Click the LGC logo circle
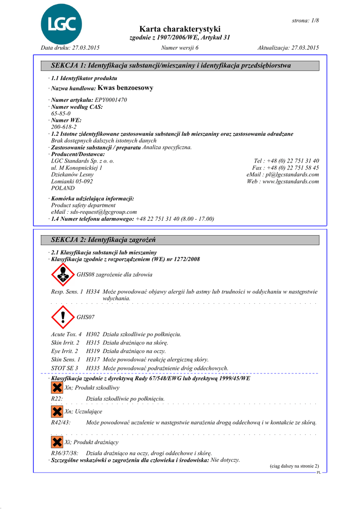(62, 23)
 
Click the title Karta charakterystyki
(180, 29)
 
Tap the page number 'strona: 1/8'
(305, 20)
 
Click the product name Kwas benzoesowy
(126, 88)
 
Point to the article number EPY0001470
(111, 100)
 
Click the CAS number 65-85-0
(61, 114)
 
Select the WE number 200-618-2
(64, 127)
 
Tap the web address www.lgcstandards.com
(290, 181)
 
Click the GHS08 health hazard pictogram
(63, 274)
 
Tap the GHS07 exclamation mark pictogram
(63, 316)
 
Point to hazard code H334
(93, 292)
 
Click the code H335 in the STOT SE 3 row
(93, 368)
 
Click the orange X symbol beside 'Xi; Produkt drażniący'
(57, 441)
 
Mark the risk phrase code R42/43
(61, 422)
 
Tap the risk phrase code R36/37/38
(65, 453)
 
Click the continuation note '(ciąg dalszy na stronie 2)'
(294, 466)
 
